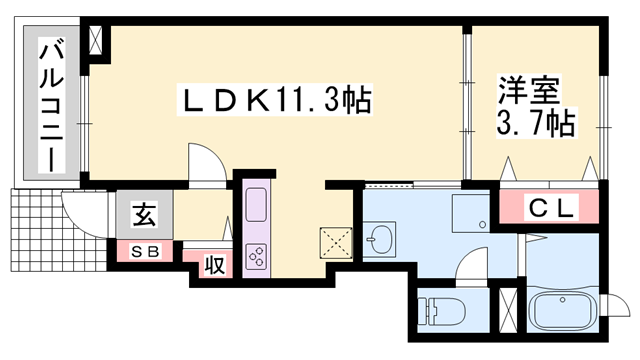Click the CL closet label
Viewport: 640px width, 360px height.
[x=550, y=209]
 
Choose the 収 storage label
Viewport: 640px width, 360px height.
[x=213, y=265]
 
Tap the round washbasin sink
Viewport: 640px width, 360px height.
[x=380, y=239]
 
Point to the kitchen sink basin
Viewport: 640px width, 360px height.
[x=254, y=209]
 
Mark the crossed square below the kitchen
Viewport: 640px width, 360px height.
[x=332, y=244]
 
